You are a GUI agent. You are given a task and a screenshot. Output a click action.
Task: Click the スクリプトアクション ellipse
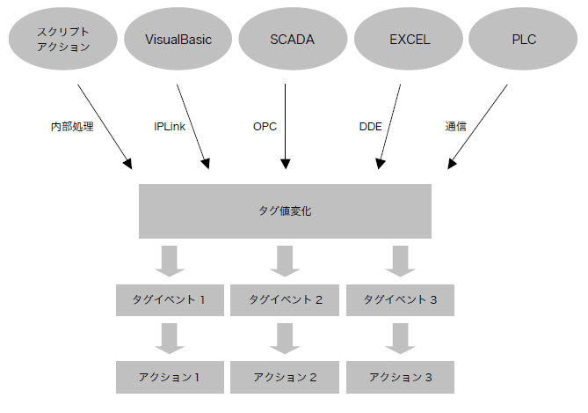63,41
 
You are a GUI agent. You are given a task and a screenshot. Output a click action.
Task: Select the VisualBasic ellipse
178,41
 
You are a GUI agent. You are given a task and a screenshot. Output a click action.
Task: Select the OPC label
265,127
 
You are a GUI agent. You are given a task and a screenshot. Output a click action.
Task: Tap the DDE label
370,127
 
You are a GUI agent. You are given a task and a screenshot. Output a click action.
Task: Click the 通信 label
455,127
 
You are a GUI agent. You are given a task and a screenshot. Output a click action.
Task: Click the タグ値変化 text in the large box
285,211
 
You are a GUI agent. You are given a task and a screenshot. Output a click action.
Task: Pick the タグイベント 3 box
401,300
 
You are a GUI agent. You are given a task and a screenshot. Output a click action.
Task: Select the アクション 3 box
401,377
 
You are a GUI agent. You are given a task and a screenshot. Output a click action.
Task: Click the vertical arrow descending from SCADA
286,123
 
